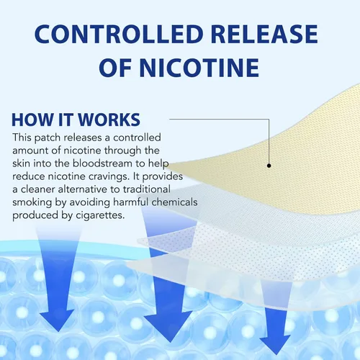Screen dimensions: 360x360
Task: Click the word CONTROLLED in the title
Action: click(119, 34)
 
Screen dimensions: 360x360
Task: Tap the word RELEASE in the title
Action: click(264, 34)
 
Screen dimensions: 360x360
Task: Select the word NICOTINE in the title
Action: click(199, 68)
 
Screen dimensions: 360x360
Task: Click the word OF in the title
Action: click(115, 68)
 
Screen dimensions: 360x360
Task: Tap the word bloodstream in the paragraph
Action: click(102, 163)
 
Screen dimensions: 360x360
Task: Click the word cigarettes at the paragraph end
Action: click(100, 215)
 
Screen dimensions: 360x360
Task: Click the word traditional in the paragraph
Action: click(147, 189)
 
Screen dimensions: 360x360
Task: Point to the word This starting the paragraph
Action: click(22, 138)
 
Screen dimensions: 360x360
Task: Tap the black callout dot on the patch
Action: click(269, 166)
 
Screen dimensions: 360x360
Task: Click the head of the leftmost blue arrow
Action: click(58, 319)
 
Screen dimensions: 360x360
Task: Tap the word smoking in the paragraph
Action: click(32, 202)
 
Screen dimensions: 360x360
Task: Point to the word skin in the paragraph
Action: click(21, 163)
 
